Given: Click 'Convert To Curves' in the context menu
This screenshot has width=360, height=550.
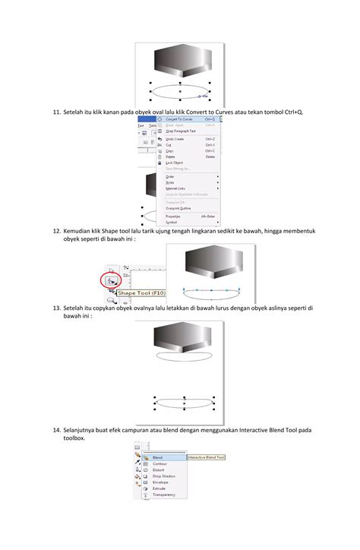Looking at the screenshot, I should click(x=180, y=119).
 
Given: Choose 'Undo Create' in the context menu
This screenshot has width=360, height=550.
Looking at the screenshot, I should click(x=176, y=140).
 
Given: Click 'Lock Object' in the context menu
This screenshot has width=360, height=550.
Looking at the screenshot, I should click(x=174, y=163).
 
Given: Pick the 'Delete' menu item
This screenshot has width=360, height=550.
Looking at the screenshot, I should click(x=170, y=156).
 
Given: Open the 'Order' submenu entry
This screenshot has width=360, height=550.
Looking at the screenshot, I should click(x=170, y=176).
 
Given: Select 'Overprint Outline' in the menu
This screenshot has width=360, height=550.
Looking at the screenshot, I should click(x=178, y=208).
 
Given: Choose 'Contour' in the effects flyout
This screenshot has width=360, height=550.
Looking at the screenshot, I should click(x=159, y=464).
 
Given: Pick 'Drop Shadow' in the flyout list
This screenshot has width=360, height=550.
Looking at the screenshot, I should click(x=163, y=476).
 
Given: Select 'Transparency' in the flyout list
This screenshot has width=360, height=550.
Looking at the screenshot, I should click(x=164, y=495).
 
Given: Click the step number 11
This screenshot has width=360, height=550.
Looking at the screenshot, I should click(x=56, y=112).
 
